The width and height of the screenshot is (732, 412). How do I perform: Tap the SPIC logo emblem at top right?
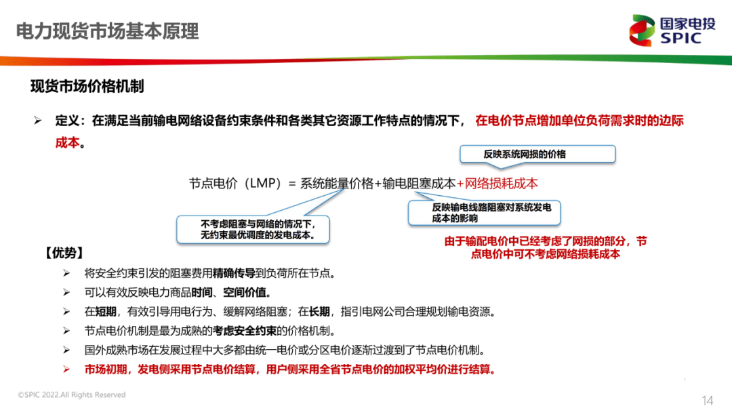[642, 30]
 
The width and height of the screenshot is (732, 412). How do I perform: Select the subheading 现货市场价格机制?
[87, 87]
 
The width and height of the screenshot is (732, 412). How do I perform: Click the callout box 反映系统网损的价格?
[537, 154]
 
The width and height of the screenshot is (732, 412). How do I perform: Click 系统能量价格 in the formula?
[337, 184]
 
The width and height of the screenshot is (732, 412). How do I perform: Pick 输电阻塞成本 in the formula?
[419, 184]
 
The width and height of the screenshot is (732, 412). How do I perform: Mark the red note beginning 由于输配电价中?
[546, 247]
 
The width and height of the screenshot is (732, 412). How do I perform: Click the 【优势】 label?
[64, 253]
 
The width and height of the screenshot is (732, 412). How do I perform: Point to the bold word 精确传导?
[234, 273]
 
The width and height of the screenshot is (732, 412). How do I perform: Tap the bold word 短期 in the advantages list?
[111, 312]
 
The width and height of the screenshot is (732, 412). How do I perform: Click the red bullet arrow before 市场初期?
[66, 370]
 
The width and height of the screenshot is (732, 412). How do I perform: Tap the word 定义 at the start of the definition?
[66, 121]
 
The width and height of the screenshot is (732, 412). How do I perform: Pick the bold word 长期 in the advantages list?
[320, 312]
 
